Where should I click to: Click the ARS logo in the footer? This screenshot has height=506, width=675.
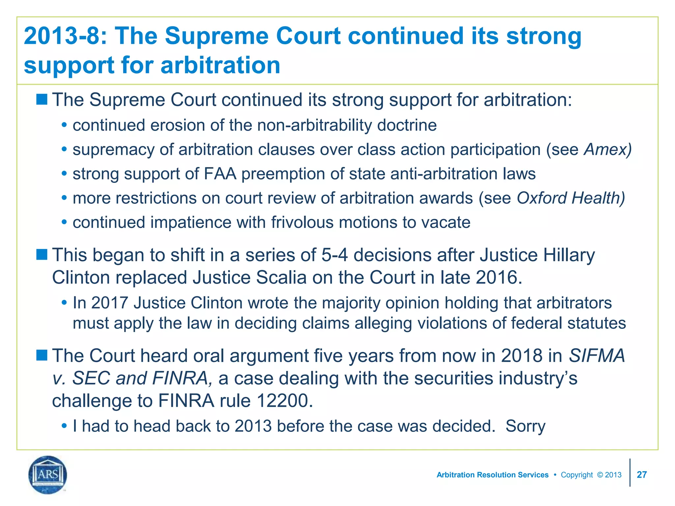[x=48, y=475]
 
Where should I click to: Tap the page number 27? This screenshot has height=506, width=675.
[x=642, y=475]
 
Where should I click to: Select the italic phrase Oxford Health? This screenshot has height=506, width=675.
[x=571, y=198]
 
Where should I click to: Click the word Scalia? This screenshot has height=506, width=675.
[x=281, y=277]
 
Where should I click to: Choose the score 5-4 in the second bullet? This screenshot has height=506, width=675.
[x=334, y=255]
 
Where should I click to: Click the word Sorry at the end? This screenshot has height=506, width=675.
[x=525, y=426]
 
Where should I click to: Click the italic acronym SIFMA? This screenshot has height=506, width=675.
[x=597, y=356]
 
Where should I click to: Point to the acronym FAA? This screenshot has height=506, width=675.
[x=220, y=174]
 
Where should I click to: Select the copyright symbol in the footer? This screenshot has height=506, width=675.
[x=600, y=475]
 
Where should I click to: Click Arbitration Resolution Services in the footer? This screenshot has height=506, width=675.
[x=492, y=475]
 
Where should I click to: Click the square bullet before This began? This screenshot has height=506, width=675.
[x=42, y=254]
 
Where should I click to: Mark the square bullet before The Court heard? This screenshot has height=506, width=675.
[x=42, y=355]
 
